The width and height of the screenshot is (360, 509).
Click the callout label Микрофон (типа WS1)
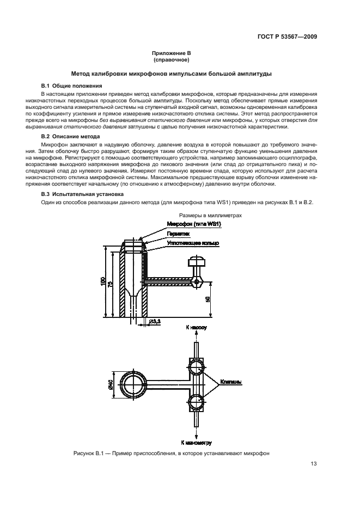point(194,224)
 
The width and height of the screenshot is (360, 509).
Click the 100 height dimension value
point(103,281)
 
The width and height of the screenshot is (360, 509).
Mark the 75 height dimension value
point(111,284)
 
